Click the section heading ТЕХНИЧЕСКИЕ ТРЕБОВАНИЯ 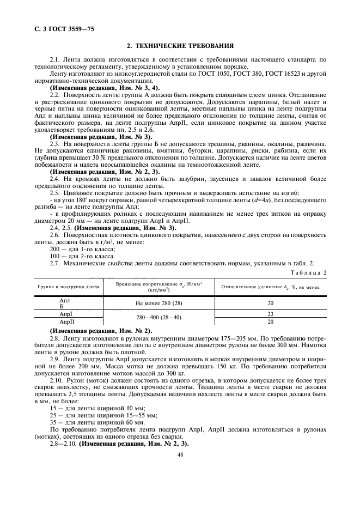coord(180,46)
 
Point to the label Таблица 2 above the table coord(310,271)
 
